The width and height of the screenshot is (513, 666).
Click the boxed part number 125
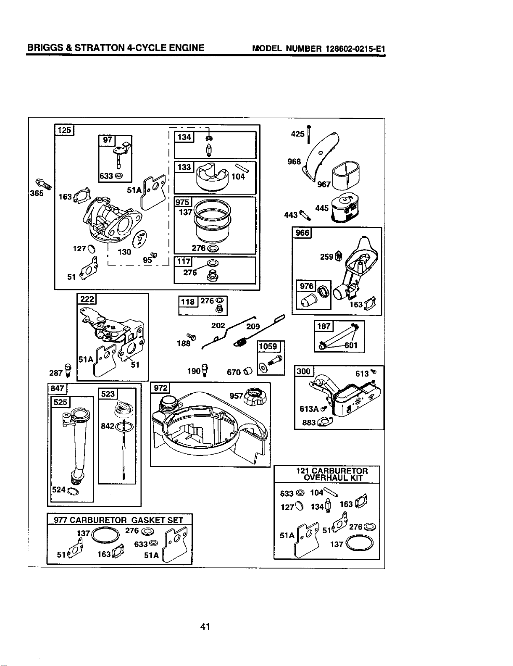click(64, 130)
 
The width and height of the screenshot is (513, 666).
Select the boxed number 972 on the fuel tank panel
click(160, 388)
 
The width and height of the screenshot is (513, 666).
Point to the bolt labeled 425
click(308, 134)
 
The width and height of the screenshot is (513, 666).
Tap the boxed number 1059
click(268, 346)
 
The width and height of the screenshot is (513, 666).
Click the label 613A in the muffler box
click(309, 409)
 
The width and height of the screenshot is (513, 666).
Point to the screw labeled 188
click(191, 337)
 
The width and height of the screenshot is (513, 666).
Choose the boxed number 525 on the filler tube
click(61, 402)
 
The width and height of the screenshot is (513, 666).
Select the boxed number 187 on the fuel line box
click(324, 326)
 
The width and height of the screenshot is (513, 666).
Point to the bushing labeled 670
click(247, 371)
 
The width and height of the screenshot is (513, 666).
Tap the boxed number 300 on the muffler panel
click(304, 371)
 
